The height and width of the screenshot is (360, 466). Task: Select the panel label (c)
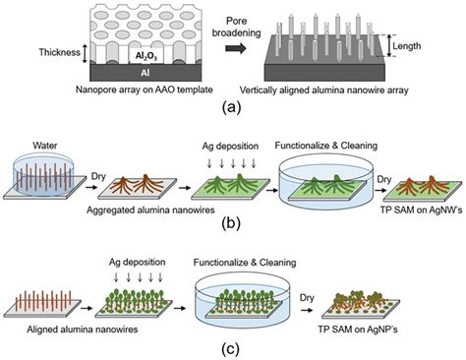click(x=232, y=345)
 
